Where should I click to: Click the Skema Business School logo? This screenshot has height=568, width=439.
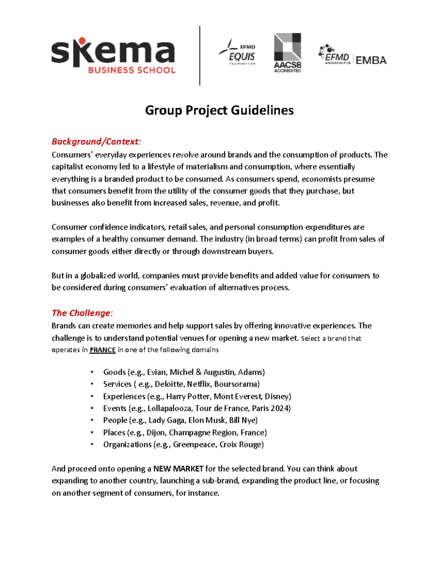pos(113,56)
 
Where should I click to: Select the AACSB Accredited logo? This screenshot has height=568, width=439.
pos(288,53)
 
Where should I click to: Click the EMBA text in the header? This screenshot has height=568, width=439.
pos(371,60)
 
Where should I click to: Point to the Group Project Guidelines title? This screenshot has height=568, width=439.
pos(219,110)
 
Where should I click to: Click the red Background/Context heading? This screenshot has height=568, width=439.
pos(96,142)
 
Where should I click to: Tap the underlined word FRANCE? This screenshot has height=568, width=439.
pos(102,350)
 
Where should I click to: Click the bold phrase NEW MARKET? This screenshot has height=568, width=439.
pos(178,469)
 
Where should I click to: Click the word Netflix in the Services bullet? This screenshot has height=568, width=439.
pos(199,384)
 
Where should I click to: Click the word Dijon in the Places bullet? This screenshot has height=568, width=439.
pos(156,433)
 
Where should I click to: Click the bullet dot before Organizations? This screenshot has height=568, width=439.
pos(92,445)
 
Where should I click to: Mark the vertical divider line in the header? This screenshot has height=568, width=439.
pos(200,56)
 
